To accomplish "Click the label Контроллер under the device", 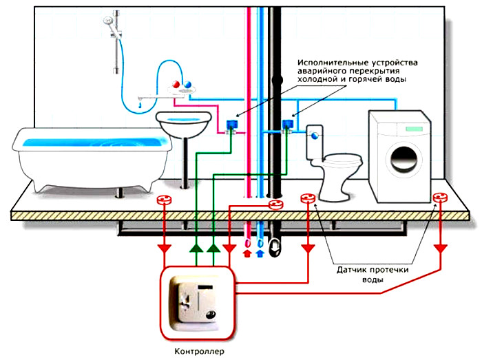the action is click(199, 351).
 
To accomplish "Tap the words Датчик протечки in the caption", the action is click(373, 270).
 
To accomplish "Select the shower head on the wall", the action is click(109, 21).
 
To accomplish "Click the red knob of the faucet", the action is click(176, 84).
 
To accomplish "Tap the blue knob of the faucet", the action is click(187, 84).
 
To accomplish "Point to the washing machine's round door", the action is click(404, 159).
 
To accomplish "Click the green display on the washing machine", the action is click(413, 129).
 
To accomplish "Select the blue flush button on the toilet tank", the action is click(315, 135).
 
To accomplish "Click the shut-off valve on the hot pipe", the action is click(231, 126).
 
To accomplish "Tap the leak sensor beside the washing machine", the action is click(439, 198).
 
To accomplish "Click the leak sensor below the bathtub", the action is click(164, 200).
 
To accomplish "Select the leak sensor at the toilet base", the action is click(308, 198).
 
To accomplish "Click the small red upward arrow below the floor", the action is click(247, 253).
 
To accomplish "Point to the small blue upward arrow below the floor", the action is click(260, 253).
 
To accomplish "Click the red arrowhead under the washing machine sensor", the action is click(441, 248).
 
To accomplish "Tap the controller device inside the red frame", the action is click(196, 304).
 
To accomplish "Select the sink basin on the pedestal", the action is click(184, 123).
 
